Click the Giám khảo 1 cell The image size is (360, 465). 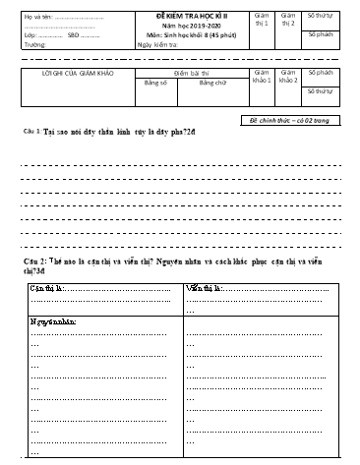tap(260, 78)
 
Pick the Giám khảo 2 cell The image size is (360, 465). tap(287, 78)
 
